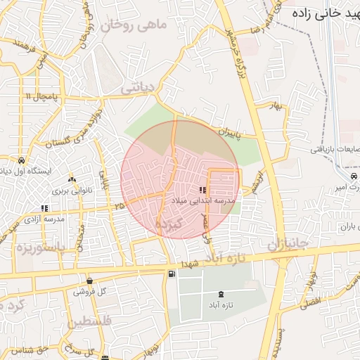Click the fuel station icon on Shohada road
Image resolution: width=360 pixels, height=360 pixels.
171,273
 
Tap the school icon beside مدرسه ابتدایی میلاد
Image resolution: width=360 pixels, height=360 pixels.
202,190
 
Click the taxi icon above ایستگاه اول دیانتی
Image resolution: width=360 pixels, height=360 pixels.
23,160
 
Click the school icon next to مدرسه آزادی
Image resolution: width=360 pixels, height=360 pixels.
45,208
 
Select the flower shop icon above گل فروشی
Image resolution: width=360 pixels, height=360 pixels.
89,281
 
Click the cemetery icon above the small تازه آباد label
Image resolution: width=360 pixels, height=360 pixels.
223,294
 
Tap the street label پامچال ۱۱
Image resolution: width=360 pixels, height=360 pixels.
38,95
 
